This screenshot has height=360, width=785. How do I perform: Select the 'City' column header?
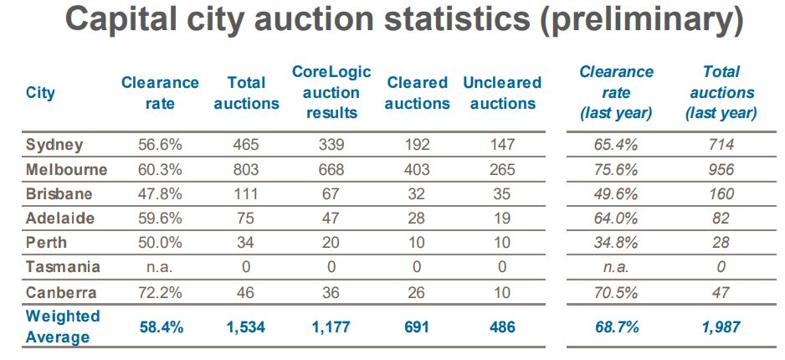pos(41,92)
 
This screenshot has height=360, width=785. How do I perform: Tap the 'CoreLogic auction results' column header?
pos(331,92)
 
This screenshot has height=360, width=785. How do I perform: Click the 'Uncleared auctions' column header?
pos(502,93)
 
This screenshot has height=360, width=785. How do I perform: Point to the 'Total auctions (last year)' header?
pos(721,92)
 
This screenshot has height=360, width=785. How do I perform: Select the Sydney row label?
pos(55,145)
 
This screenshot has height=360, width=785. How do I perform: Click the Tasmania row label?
pos(63,267)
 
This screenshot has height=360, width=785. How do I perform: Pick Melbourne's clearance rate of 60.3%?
pos(160,169)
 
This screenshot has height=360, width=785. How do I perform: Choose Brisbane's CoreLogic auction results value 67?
pos(331,194)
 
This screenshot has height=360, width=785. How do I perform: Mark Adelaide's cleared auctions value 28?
pos(417,219)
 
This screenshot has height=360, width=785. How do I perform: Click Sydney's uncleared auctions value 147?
pos(502,145)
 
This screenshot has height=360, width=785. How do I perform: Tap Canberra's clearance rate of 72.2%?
pos(160,292)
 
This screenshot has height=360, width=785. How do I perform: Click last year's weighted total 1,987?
pos(721,327)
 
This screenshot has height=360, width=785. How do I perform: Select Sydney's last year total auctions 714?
pos(721,145)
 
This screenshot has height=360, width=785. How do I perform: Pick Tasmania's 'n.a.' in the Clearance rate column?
pos(160,267)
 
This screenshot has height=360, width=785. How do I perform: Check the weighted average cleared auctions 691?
pos(417,327)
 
